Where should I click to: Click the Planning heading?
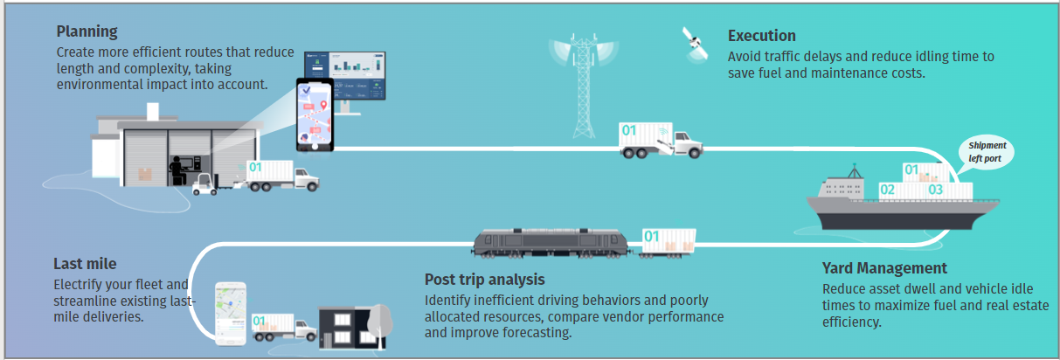[x=87, y=31]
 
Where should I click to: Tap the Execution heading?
[x=762, y=36]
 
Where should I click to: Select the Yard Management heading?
[x=884, y=268]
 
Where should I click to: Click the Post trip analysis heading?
[x=485, y=280]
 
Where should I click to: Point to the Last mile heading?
[x=85, y=264]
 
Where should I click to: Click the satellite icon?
[x=695, y=45]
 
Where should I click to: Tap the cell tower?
[x=584, y=85]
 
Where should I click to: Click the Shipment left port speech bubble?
[x=987, y=152]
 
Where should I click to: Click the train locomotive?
[x=551, y=243]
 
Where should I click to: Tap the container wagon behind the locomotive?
[x=668, y=243]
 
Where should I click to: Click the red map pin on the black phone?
[x=323, y=105]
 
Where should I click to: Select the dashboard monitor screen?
[x=345, y=76]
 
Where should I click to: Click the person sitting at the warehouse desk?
[x=177, y=170]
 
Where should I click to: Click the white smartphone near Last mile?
[x=231, y=314]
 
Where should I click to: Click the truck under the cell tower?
[x=661, y=140]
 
